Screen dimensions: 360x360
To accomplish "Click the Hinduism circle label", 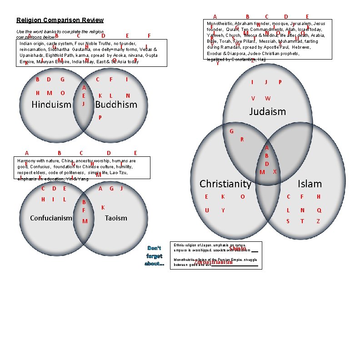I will (51, 105).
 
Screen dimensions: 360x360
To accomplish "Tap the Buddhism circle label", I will (116, 105).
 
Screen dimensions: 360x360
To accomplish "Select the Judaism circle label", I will (268, 111).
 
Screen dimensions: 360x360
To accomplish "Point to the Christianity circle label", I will (225, 184).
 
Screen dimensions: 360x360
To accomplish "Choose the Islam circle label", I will (309, 184).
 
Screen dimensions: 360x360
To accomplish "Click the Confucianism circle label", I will (51, 218).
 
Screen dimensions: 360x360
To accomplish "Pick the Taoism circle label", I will (116, 218).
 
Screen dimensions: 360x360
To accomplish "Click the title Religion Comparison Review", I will (60, 20).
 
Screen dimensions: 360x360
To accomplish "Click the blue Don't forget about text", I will (154, 256).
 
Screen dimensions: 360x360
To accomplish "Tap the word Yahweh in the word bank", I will (215, 35).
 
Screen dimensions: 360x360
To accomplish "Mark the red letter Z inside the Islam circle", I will (318, 221).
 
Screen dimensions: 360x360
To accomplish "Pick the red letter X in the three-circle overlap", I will (275, 172).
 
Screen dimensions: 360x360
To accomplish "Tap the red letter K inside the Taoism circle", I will (103, 207).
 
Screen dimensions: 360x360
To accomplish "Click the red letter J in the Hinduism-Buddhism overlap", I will (83, 104).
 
